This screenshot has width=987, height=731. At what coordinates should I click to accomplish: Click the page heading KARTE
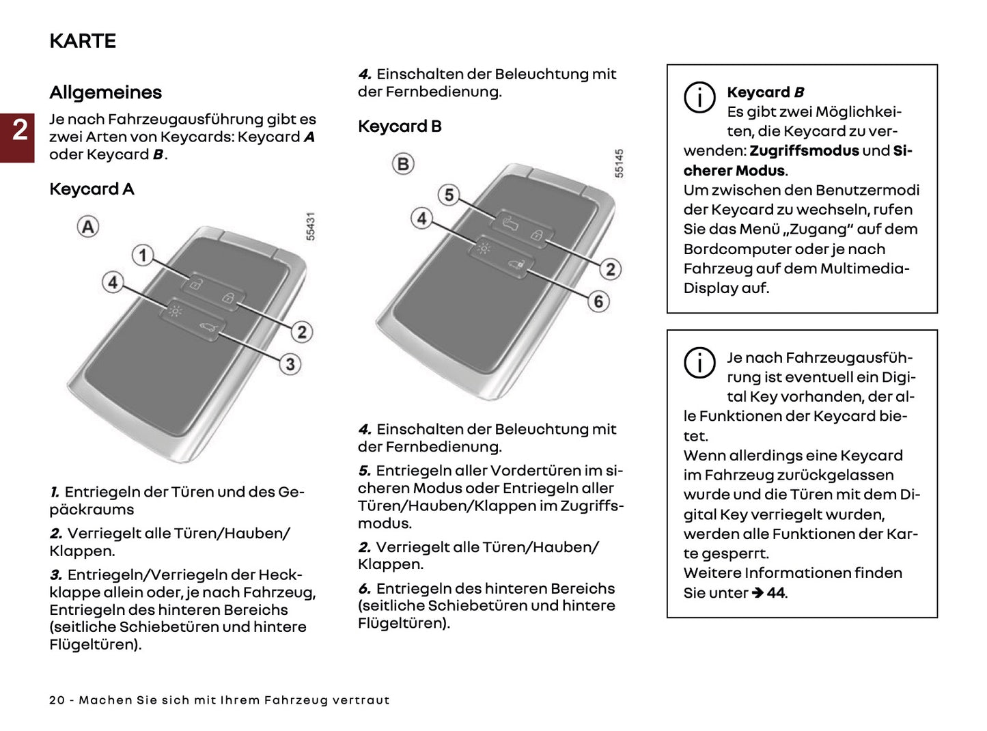83,41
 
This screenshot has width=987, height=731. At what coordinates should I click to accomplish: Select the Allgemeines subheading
105,92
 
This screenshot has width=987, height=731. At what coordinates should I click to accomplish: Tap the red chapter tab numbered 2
19,130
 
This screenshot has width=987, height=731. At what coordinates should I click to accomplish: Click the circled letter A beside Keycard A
88,226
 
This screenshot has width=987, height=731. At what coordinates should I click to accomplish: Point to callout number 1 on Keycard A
142,256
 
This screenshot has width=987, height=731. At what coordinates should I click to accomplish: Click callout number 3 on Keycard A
290,363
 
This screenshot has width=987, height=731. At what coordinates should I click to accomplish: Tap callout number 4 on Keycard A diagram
113,281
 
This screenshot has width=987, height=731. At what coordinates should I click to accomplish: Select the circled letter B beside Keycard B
403,164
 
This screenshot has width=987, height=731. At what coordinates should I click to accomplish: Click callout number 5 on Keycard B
449,195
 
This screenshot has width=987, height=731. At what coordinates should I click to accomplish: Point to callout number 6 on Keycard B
598,301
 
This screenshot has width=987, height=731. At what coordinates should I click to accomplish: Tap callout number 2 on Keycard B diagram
610,269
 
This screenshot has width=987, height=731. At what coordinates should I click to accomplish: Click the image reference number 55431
311,226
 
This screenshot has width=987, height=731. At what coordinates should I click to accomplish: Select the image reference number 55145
619,164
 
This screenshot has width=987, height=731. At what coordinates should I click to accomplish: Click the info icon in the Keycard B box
699,97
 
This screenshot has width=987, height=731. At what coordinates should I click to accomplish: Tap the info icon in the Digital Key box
699,362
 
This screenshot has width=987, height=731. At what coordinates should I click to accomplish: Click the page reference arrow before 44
757,593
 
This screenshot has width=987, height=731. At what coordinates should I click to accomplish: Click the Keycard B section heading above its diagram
400,126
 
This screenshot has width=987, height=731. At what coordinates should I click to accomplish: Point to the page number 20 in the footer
57,700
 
